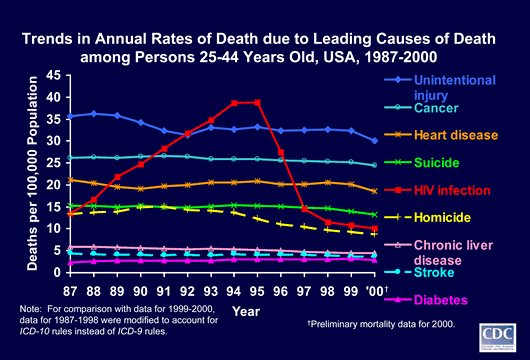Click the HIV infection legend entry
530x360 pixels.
point(437,190)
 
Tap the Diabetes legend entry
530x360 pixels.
point(426,300)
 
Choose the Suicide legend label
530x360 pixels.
point(422,163)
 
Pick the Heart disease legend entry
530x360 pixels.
point(441,135)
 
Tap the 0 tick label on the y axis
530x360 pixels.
point(57,272)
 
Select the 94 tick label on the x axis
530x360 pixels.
point(234,291)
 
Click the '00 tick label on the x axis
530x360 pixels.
point(375,291)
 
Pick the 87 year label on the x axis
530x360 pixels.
point(70,291)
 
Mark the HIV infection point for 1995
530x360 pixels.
point(258,102)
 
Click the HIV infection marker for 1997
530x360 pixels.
point(304,209)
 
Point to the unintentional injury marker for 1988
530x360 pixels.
point(94,114)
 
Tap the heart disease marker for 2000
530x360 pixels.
point(375,191)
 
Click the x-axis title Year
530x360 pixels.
point(246,311)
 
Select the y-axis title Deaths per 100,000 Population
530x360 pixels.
point(32,173)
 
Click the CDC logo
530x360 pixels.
point(498,338)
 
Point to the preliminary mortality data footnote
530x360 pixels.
point(381,324)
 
